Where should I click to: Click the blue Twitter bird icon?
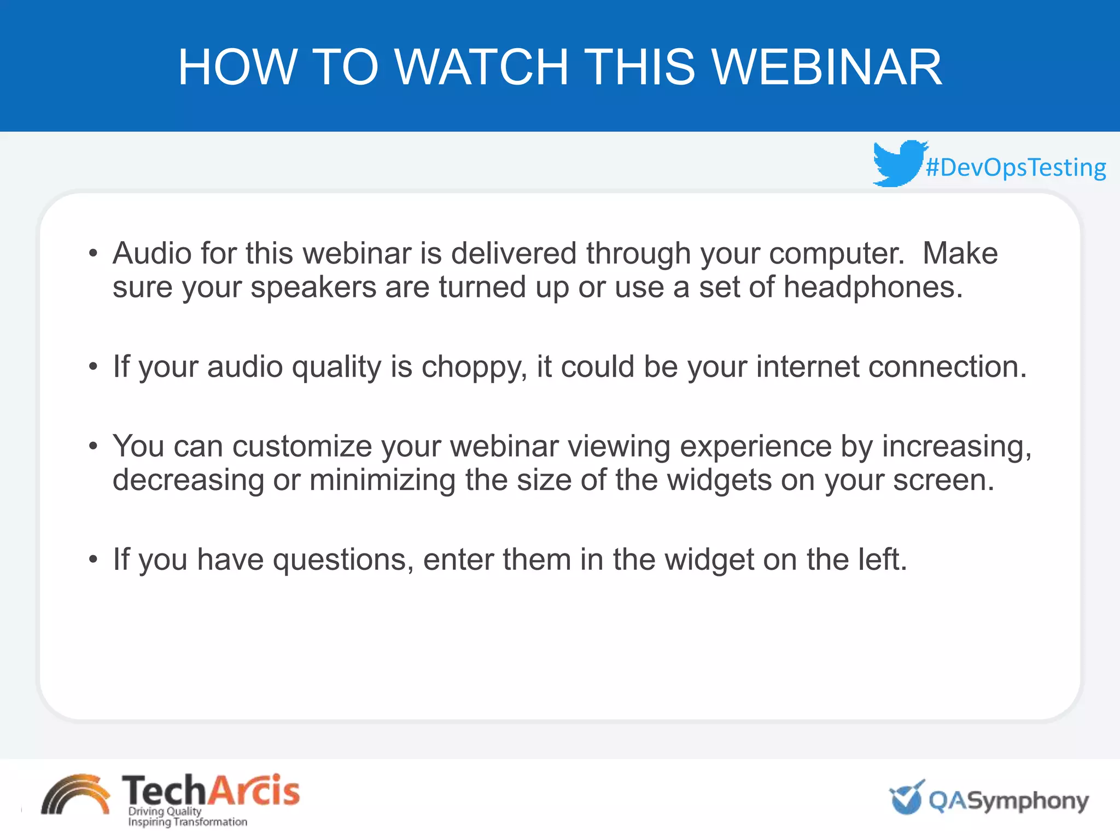899,163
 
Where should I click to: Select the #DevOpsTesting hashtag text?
1016,167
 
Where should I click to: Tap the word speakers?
313,287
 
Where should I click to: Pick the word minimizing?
382,480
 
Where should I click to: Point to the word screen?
943,480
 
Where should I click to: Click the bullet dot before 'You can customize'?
94,446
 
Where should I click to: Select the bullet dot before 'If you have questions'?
94,559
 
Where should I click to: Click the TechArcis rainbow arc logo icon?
75,796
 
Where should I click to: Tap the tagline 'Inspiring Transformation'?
187,822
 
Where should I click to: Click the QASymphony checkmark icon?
907,798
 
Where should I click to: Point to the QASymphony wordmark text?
1008,801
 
